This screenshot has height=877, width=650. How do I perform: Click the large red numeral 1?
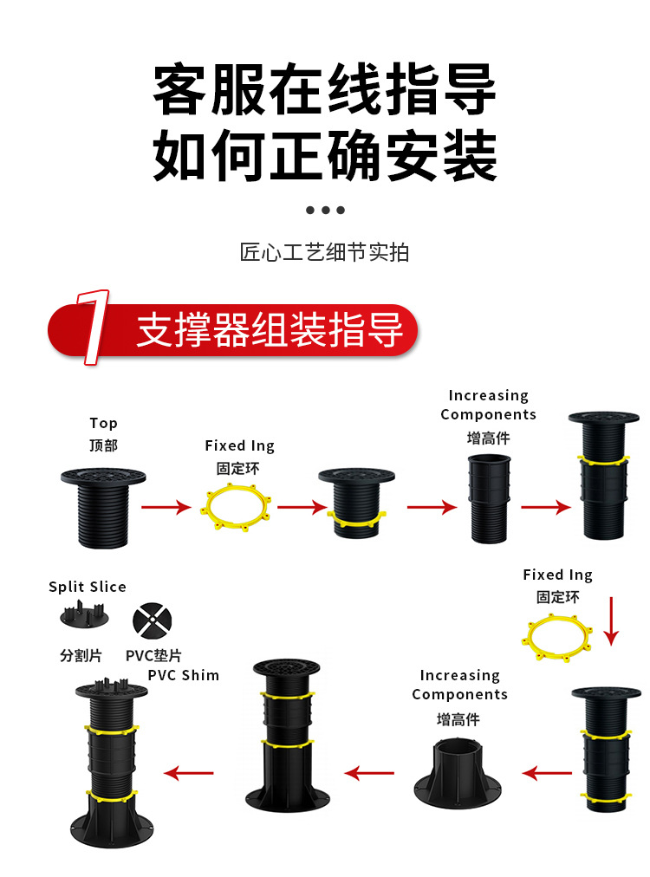(x=92, y=327)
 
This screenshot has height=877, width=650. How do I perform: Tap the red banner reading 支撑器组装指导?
(x=269, y=330)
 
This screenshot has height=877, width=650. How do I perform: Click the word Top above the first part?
(x=103, y=423)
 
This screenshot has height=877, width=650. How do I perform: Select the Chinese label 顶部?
(x=103, y=445)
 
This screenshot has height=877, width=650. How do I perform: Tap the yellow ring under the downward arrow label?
(x=558, y=638)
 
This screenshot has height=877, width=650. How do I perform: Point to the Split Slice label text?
(x=88, y=587)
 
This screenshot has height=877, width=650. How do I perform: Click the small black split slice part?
(x=85, y=618)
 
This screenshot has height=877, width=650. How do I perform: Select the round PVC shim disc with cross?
(x=151, y=621)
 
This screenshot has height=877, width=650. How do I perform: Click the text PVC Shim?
(x=183, y=675)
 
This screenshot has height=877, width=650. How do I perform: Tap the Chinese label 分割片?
(x=81, y=655)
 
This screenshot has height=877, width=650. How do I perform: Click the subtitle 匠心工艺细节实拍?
(x=324, y=252)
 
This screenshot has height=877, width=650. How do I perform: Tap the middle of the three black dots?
(x=325, y=210)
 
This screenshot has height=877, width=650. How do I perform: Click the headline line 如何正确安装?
(x=325, y=155)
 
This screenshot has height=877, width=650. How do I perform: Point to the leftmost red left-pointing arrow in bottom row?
(x=189, y=772)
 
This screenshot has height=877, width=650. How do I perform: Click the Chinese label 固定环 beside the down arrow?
(x=557, y=597)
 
